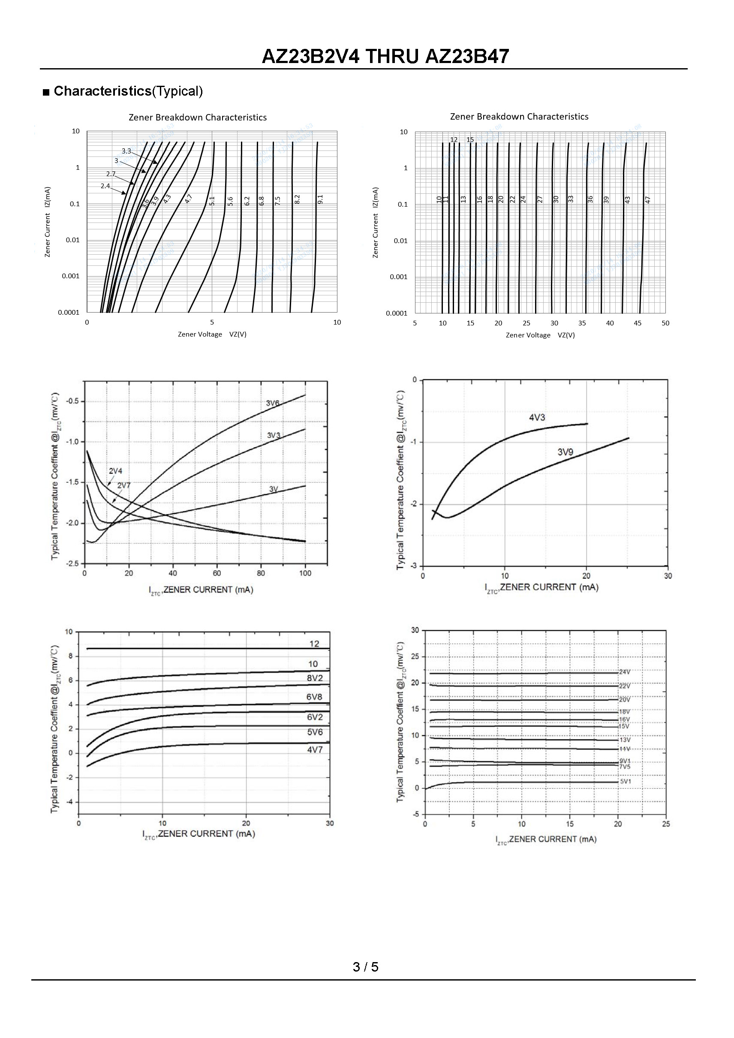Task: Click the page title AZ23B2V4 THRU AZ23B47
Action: pyautogui.click(x=385, y=57)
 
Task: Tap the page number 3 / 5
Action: pyautogui.click(x=366, y=966)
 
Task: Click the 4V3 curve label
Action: pyautogui.click(x=537, y=417)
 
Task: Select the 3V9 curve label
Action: pyautogui.click(x=565, y=451)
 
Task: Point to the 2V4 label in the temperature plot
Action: pyautogui.click(x=115, y=471)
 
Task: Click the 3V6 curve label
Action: pyautogui.click(x=273, y=403)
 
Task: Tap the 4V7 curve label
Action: pyautogui.click(x=315, y=749)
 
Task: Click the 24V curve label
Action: pyautogui.click(x=625, y=672)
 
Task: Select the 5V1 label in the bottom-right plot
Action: pyautogui.click(x=626, y=781)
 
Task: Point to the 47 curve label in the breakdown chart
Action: pyautogui.click(x=648, y=199)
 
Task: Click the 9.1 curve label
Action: pyautogui.click(x=320, y=199)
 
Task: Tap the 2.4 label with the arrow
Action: pyautogui.click(x=105, y=186)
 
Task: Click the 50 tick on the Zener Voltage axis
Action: pyautogui.click(x=665, y=323)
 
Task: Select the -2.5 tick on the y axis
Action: pyautogui.click(x=72, y=564)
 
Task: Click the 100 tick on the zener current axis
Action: pyautogui.click(x=305, y=573)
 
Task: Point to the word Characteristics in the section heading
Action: pyautogui.click(x=102, y=91)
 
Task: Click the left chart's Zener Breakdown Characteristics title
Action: pyautogui.click(x=198, y=117)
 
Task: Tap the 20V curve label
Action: pyautogui.click(x=625, y=699)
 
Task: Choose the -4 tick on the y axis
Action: pyautogui.click(x=70, y=802)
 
